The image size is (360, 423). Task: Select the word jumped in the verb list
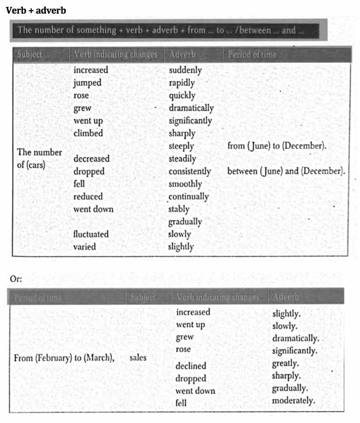coord(87,83)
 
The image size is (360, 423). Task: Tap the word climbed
coord(88,133)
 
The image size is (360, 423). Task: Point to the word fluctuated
coord(91,234)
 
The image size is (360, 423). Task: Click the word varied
coord(84,247)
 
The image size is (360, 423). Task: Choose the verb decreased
coord(91,159)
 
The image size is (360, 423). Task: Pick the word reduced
coord(88,196)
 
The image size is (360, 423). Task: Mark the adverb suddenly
coord(185,70)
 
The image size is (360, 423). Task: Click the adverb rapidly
coord(182,83)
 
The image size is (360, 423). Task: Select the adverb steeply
coord(181,146)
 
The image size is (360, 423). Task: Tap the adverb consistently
coord(190,172)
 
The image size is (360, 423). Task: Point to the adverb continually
coord(189,197)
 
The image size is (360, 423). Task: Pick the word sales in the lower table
coord(138,358)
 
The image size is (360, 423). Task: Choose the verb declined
coord(191,366)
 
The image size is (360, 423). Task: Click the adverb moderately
coord(294,401)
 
